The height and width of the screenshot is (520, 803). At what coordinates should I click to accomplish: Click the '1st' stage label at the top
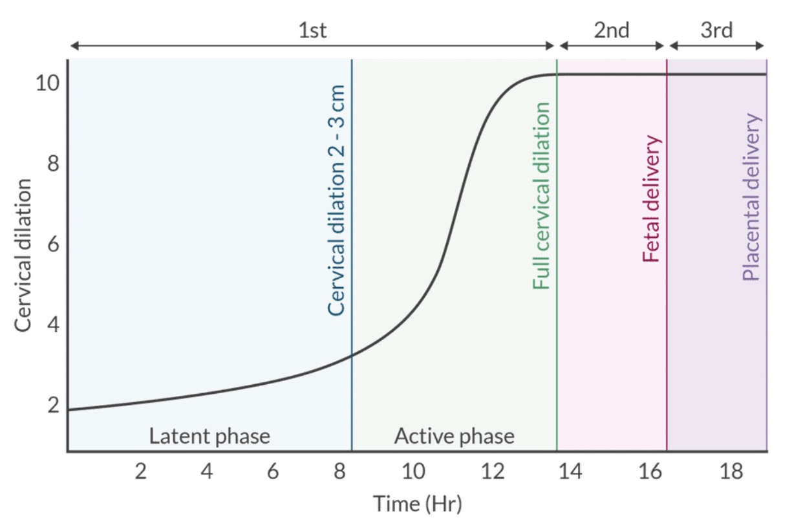(x=312, y=31)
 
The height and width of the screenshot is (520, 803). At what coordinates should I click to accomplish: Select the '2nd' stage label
(x=612, y=31)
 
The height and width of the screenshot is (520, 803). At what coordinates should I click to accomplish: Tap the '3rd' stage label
(x=716, y=31)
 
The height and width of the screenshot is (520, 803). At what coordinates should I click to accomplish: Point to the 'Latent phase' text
(x=209, y=436)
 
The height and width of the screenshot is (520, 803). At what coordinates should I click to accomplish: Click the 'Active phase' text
(x=455, y=436)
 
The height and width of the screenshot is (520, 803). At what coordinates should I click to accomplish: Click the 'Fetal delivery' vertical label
(x=652, y=199)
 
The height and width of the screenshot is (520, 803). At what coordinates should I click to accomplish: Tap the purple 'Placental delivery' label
(x=751, y=197)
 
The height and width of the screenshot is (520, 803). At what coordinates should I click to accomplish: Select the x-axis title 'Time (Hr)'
(x=418, y=503)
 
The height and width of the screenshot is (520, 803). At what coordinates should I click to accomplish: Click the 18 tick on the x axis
(x=731, y=472)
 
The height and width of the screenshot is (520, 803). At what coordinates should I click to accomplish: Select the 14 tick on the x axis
(x=570, y=472)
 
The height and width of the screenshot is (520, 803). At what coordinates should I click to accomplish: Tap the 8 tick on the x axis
(x=339, y=472)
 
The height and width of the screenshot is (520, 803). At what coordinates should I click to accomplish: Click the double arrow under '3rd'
(x=716, y=45)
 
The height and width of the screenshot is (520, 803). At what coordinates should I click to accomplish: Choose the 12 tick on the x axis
(x=493, y=472)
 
